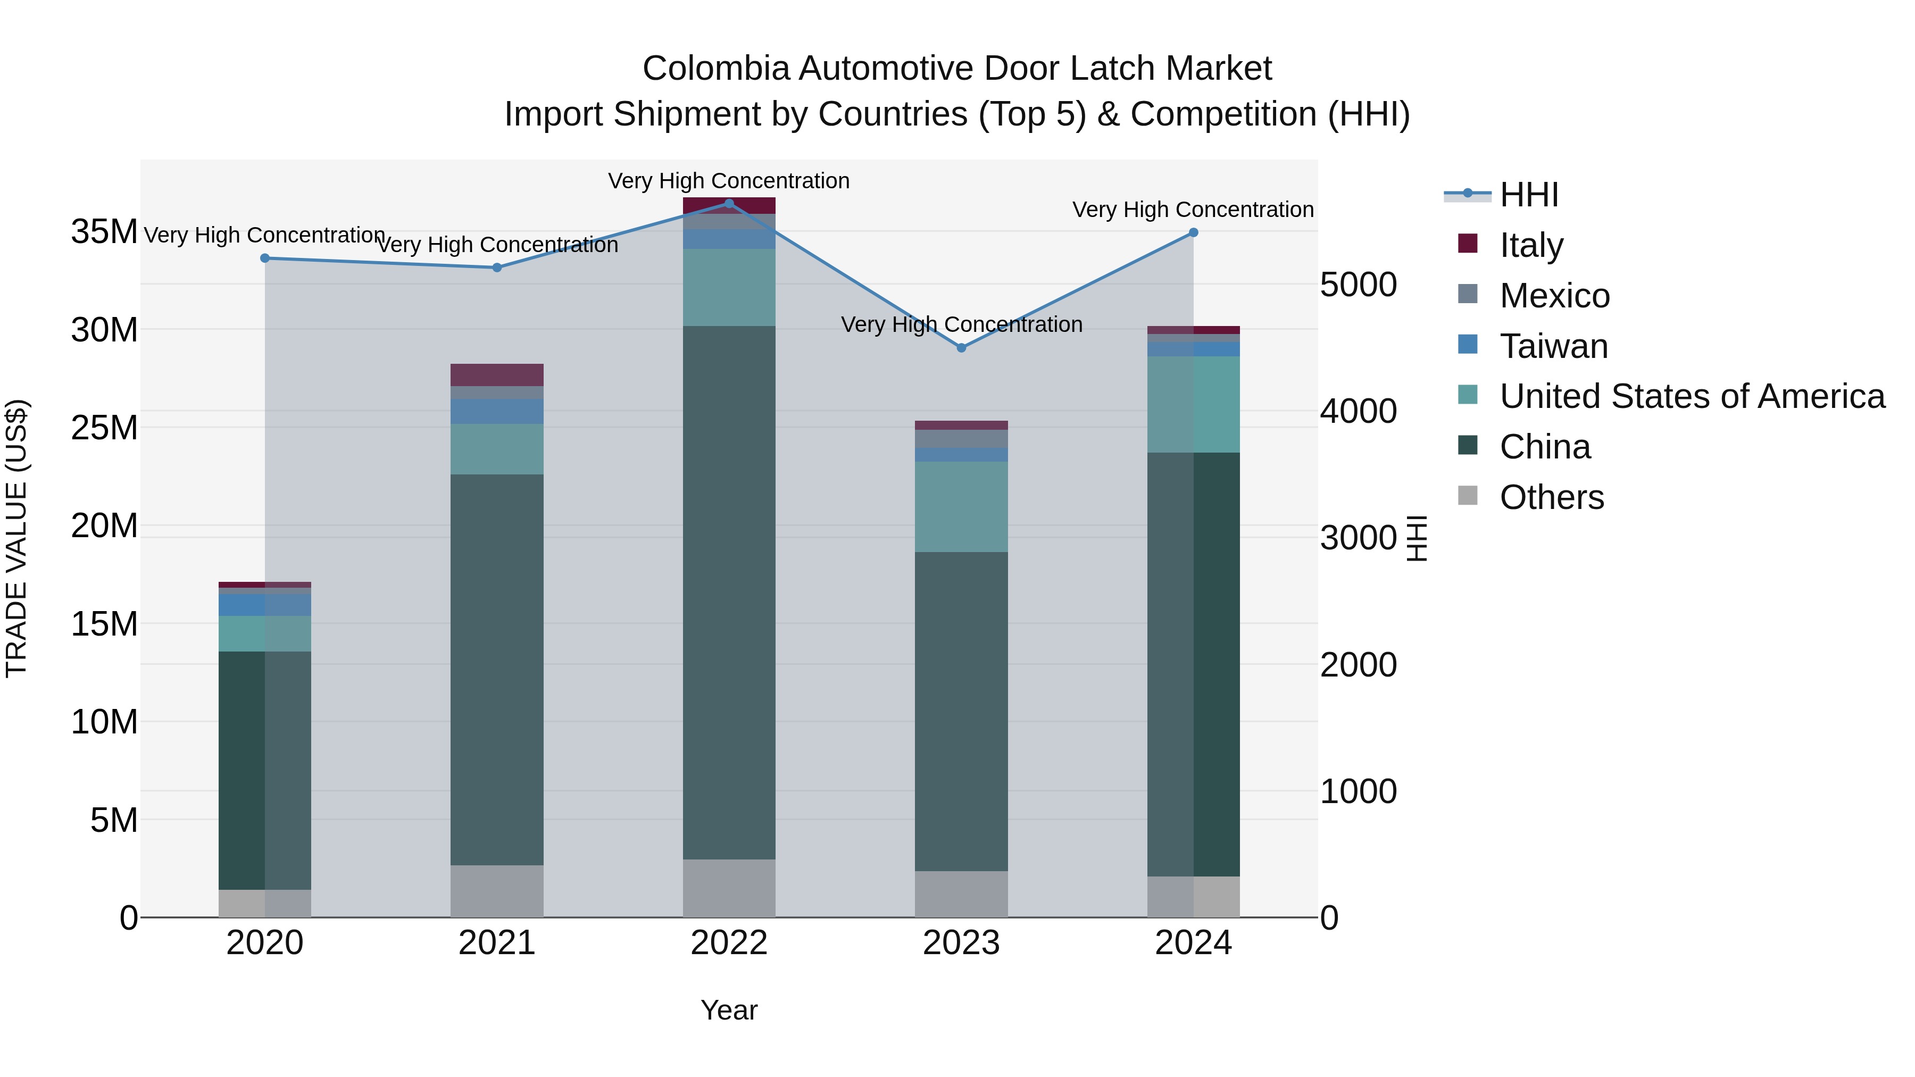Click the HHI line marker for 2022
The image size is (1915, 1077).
point(729,204)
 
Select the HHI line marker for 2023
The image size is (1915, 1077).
point(961,348)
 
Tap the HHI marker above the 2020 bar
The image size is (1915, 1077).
point(265,258)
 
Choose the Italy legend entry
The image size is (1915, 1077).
point(1531,245)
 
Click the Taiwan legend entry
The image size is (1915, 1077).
point(1554,346)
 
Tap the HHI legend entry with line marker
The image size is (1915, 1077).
point(1528,195)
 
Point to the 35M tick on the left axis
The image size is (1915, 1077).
point(104,231)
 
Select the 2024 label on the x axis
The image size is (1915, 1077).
point(1193,943)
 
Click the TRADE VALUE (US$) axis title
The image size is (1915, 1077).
point(17,538)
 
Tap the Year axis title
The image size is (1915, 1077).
point(729,1010)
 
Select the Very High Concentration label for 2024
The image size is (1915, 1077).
point(1193,210)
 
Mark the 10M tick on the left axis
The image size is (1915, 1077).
point(104,722)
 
